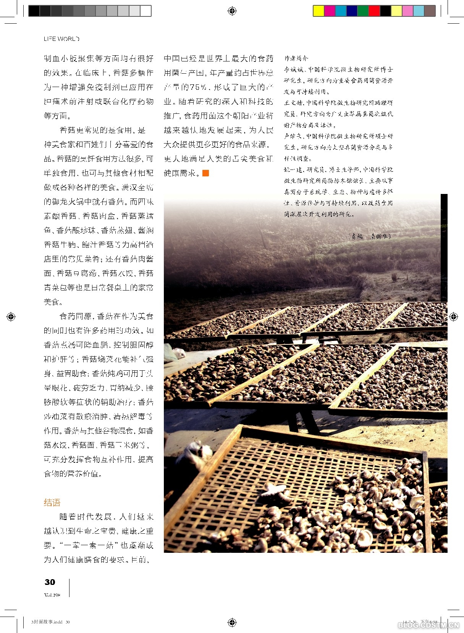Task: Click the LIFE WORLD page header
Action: [61, 39]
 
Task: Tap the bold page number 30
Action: [50, 582]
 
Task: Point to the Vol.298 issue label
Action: [52, 595]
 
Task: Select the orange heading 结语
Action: [52, 502]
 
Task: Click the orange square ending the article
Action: [206, 173]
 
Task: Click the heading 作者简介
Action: [296, 58]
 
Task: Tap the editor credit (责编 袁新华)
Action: [369, 236]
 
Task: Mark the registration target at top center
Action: [232, 11]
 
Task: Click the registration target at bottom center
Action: [232, 622]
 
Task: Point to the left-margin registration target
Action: [11, 316]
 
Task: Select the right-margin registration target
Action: [453, 316]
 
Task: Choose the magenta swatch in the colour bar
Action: [330, 11]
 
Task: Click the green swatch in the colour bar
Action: [363, 11]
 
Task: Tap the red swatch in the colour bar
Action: [374, 11]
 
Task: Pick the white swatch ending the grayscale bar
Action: [146, 11]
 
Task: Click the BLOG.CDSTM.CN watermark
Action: [428, 625]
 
